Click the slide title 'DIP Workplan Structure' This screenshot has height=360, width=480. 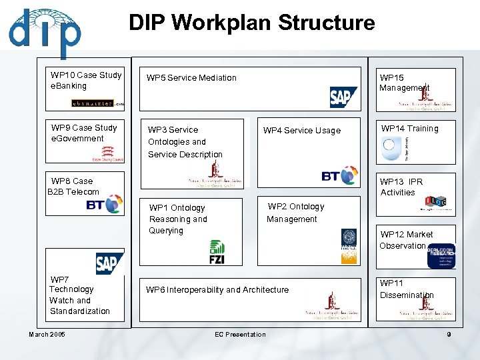(x=251, y=23)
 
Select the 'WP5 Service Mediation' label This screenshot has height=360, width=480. (x=191, y=78)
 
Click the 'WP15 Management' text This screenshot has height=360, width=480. (x=404, y=83)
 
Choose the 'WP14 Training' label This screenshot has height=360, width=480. (x=409, y=129)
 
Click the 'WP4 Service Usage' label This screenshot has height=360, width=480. (x=301, y=131)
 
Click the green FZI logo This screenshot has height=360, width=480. (x=217, y=252)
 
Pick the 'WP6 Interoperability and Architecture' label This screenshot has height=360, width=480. (x=217, y=290)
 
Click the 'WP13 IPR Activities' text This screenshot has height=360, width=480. (x=401, y=187)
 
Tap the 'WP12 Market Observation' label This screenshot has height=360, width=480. (x=405, y=240)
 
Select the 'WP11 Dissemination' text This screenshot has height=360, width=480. (x=406, y=289)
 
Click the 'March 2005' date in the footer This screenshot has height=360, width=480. (x=47, y=335)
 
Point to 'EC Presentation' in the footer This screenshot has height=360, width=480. (x=240, y=335)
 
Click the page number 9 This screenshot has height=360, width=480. (x=449, y=335)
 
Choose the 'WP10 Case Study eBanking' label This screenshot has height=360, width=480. (x=86, y=81)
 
